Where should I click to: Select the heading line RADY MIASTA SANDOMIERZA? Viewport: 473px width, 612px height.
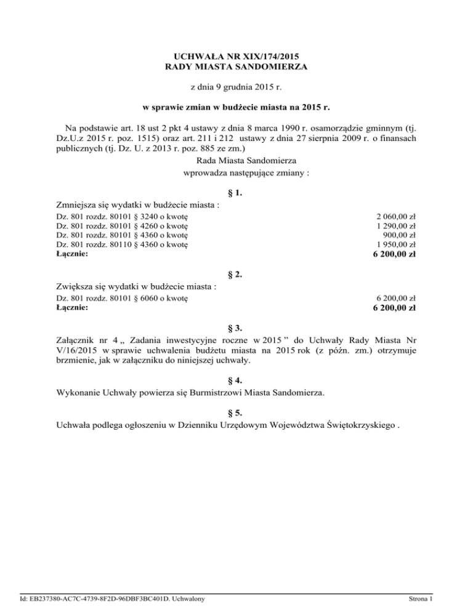pyautogui.click(x=236, y=65)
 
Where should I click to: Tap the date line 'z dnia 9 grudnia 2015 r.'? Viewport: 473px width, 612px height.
pyautogui.click(x=236, y=88)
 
